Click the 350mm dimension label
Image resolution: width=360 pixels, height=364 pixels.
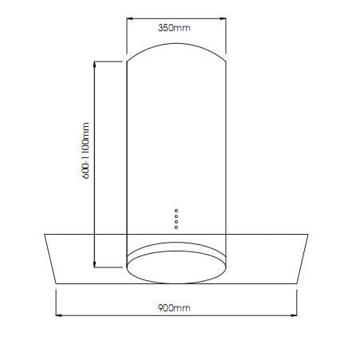click(x=174, y=28)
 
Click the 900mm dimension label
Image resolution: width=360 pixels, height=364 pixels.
click(x=174, y=308)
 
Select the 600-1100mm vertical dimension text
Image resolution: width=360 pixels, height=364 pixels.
click(x=85, y=151)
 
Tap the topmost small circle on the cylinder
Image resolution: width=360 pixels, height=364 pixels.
click(x=176, y=211)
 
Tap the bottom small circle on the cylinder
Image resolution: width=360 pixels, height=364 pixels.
click(x=176, y=227)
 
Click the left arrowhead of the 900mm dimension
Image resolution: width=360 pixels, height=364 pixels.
click(x=59, y=315)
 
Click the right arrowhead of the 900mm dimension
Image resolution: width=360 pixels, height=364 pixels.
click(x=294, y=315)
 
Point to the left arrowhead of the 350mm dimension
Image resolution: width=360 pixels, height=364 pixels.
click(x=129, y=18)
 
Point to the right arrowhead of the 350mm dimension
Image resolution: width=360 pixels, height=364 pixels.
click(x=223, y=18)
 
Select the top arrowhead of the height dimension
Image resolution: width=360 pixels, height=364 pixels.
click(x=94, y=65)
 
